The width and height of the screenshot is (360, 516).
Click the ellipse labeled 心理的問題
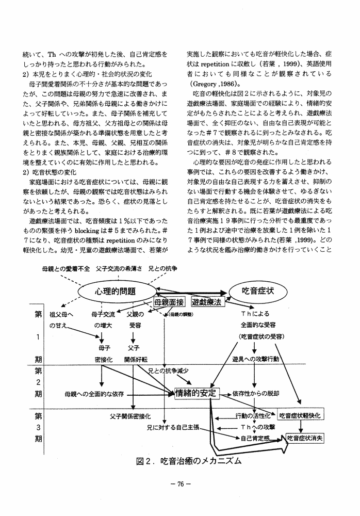[114, 291]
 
